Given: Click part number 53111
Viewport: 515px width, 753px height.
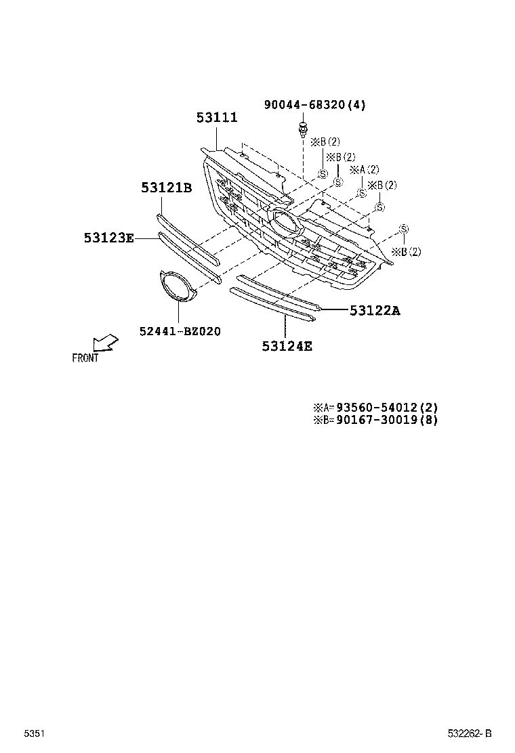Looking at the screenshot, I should click(217, 118).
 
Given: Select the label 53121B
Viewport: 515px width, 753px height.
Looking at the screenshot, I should click(166, 188).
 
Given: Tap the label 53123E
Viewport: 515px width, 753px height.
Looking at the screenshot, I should click(108, 238).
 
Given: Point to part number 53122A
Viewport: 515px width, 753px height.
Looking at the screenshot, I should click(375, 311).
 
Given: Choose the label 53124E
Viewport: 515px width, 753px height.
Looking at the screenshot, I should click(287, 347).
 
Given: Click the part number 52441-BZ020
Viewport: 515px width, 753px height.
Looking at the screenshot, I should click(180, 331).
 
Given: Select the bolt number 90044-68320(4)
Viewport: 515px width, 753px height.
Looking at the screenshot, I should click(314, 105).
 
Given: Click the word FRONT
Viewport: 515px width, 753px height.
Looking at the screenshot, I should click(85, 358).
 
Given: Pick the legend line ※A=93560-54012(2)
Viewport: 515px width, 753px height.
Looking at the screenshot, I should click(375, 408).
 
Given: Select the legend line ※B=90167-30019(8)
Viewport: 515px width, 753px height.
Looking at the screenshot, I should click(375, 420).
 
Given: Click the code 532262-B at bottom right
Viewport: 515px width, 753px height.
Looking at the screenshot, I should click(469, 734).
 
